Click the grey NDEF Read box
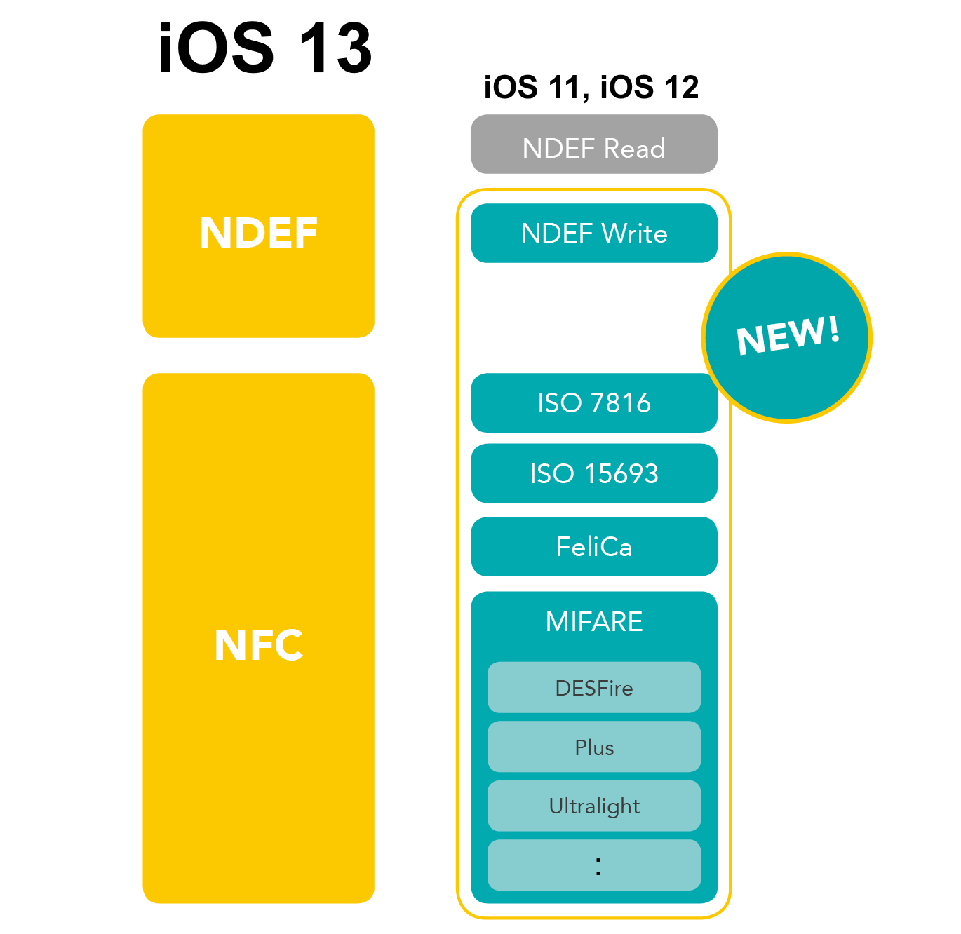tap(593, 144)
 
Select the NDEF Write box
tap(593, 233)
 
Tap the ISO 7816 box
tap(593, 402)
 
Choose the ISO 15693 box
tap(593, 473)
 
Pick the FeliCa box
tap(593, 546)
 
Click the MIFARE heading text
tap(593, 621)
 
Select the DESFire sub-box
tap(593, 687)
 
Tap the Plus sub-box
tap(593, 747)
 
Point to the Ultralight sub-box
tap(593, 806)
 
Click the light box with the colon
tap(593, 865)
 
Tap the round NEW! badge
tap(787, 337)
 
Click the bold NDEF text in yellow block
tap(258, 233)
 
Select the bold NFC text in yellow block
tap(258, 645)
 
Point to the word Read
tap(634, 149)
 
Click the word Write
tap(634, 233)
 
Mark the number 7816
tap(620, 403)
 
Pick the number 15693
tap(621, 474)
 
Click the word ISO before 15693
tap(551, 474)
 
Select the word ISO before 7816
tap(559, 403)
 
